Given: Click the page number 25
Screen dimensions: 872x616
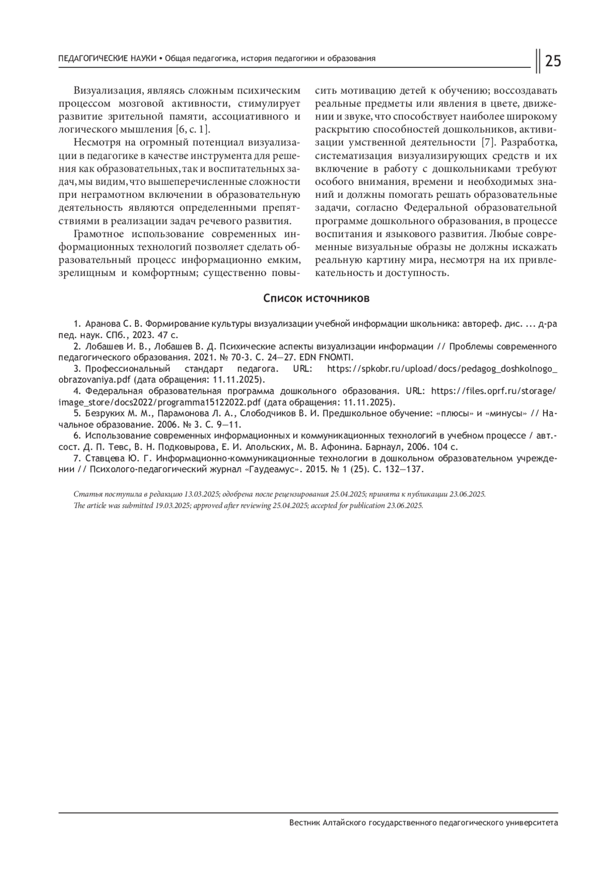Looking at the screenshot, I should tap(552, 61).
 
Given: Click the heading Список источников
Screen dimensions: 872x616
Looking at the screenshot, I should tap(316, 299).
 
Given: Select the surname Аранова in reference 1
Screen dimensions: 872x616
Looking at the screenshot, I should tap(105, 324).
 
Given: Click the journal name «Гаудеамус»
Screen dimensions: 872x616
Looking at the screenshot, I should tap(272, 470).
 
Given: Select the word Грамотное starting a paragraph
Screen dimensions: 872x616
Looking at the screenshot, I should tap(99, 234).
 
